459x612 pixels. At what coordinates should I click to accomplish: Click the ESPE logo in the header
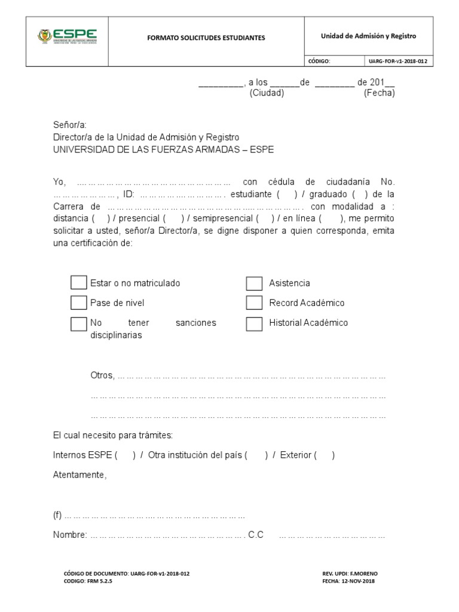[x=67, y=36]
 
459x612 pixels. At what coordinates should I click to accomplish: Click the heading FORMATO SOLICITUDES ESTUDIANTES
[x=206, y=38]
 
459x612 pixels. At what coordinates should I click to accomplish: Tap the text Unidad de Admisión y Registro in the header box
[x=368, y=36]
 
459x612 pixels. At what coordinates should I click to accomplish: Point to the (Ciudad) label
[x=267, y=93]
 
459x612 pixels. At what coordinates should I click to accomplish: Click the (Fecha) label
[x=380, y=93]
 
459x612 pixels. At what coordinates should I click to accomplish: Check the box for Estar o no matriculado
[x=79, y=283]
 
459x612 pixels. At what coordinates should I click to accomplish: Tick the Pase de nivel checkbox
[x=79, y=302]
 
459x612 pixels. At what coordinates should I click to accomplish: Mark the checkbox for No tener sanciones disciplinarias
[x=79, y=323]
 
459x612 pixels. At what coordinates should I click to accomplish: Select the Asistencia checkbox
[x=255, y=283]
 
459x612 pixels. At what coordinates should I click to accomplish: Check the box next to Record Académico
[x=255, y=303]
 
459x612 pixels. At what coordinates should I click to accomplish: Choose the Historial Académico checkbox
[x=255, y=323]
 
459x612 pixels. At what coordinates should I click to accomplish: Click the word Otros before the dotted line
[x=102, y=375]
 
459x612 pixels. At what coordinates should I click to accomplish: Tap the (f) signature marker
[x=58, y=515]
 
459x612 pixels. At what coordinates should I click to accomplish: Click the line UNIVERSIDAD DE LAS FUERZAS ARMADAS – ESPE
[x=163, y=149]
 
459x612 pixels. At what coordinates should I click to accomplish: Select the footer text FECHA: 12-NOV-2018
[x=348, y=580]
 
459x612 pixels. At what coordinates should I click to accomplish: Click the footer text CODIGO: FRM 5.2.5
[x=88, y=580]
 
